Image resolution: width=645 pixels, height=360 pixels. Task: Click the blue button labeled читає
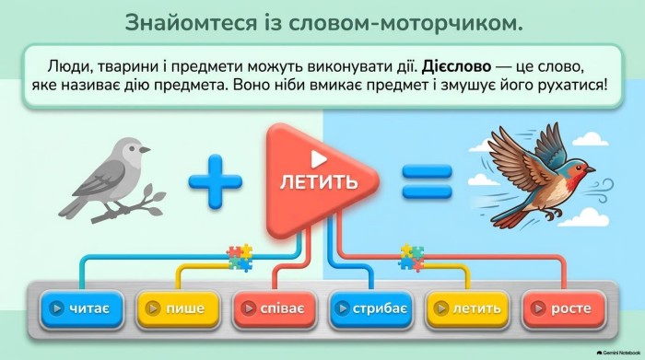[x=82, y=308]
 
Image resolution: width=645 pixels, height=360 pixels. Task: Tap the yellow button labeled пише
[x=178, y=308]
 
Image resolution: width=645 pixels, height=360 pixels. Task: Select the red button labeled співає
[x=275, y=308]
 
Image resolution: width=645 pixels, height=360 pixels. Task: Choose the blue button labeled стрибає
[x=371, y=308]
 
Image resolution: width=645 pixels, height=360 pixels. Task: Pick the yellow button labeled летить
[x=468, y=308]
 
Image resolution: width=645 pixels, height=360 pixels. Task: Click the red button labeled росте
[x=564, y=308]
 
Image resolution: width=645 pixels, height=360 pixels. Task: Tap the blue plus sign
[x=215, y=181]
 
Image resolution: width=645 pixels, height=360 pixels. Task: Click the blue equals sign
[x=427, y=181]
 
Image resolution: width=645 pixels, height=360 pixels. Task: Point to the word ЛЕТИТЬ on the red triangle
[x=319, y=181]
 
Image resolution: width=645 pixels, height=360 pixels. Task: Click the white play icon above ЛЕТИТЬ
[x=318, y=159]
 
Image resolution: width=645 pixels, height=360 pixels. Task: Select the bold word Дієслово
[x=456, y=66]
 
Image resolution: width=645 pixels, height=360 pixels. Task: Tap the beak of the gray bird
[x=145, y=150]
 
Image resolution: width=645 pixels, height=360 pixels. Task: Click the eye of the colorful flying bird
[x=580, y=167]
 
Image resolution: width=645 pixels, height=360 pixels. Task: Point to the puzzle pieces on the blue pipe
[x=240, y=258]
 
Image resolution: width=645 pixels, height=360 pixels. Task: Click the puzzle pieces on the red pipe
[x=411, y=258]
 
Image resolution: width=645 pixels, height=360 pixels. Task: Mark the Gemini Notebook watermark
[x=618, y=353]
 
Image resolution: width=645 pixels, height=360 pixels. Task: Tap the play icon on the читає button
[x=56, y=308]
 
